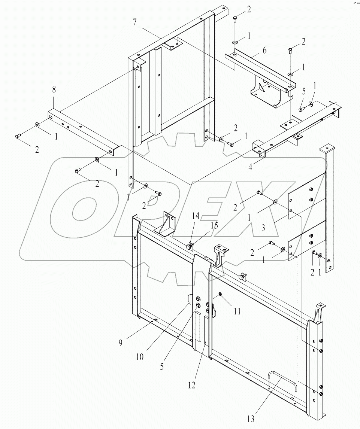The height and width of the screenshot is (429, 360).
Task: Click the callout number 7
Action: point(134,22)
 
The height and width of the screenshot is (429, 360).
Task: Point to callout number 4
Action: point(250,167)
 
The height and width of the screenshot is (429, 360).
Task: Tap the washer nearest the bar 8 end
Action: point(37,124)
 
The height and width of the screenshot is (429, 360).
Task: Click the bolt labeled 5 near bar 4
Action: point(301,109)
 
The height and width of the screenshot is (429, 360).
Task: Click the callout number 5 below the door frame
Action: point(162,367)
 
